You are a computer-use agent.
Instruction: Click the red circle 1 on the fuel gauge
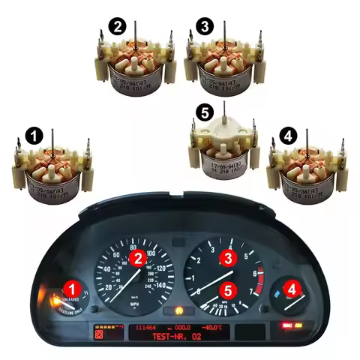[72, 286]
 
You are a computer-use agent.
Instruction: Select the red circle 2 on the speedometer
[138, 259]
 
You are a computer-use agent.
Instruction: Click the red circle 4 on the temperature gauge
[289, 286]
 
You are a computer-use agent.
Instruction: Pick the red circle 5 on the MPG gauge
[229, 287]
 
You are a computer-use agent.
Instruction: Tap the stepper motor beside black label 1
[52, 174]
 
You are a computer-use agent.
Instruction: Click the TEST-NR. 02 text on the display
[178, 339]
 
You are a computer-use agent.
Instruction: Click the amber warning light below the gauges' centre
[178, 309]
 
